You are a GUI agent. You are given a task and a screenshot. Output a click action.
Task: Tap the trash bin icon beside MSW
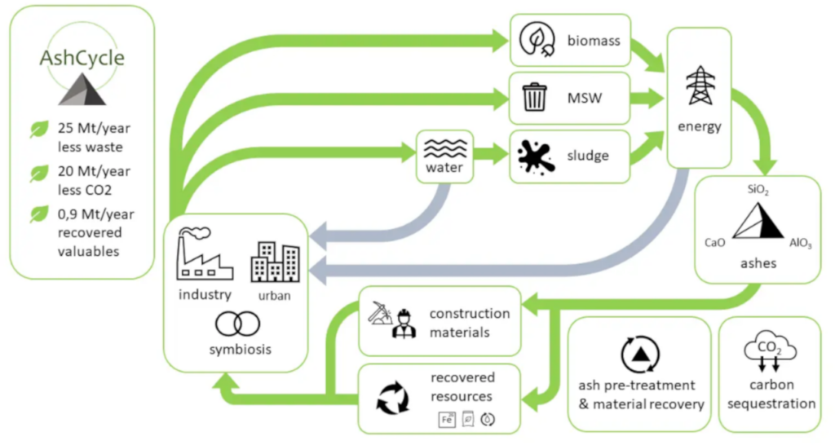point(535,98)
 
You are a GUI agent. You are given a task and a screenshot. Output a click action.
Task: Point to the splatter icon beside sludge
point(536,155)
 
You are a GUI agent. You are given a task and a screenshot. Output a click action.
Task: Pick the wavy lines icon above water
point(444,148)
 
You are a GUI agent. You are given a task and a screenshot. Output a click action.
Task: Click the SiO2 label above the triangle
point(758,190)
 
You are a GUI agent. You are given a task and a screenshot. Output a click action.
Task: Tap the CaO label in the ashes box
point(716,243)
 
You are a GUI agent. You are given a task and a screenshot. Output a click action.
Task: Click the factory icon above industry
point(205,253)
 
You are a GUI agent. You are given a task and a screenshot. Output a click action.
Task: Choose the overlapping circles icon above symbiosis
point(237,324)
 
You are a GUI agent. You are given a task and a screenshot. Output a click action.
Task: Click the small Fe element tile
point(447,420)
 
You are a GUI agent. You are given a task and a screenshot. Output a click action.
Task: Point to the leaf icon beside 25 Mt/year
point(38,130)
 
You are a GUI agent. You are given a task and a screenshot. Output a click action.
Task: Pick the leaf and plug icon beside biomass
point(535,40)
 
